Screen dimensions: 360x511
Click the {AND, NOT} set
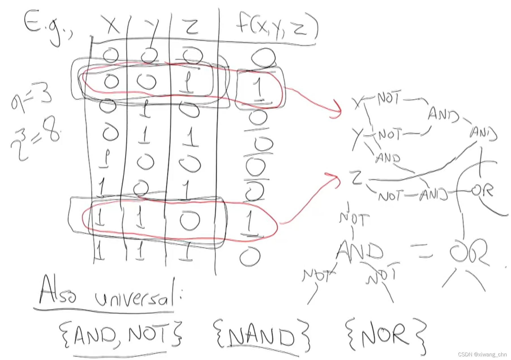(120, 335)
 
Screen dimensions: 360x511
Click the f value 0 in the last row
(250, 256)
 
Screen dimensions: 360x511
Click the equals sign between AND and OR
(422, 252)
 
